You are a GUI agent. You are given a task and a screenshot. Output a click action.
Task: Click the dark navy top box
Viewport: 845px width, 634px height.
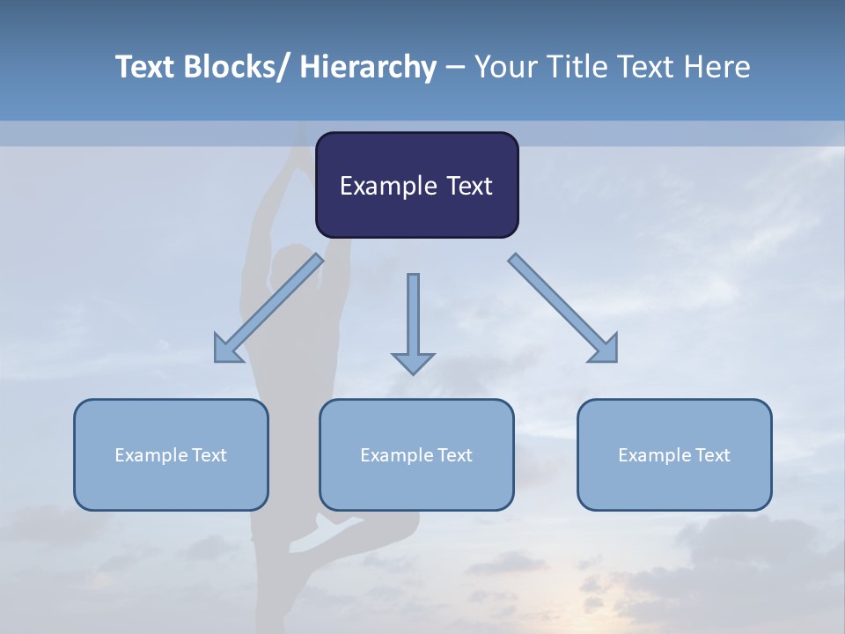click(x=416, y=185)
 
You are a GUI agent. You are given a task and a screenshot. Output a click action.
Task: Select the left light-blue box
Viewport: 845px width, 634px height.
click(x=171, y=454)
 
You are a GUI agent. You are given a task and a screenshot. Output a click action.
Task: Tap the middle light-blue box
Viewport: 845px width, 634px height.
click(x=416, y=454)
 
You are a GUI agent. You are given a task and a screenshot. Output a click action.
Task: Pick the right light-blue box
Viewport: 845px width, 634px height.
click(x=674, y=454)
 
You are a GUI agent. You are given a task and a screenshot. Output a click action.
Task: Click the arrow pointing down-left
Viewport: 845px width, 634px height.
click(x=268, y=308)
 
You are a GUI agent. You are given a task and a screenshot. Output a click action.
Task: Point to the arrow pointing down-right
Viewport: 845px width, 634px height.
click(x=563, y=308)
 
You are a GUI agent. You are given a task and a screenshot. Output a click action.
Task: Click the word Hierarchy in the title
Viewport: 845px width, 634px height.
click(x=368, y=67)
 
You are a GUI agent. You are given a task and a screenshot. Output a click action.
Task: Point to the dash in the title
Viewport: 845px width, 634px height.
click(x=454, y=67)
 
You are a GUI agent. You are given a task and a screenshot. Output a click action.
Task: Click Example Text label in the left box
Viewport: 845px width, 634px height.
click(x=171, y=454)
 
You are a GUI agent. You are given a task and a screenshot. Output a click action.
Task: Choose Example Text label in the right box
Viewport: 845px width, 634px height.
click(x=674, y=454)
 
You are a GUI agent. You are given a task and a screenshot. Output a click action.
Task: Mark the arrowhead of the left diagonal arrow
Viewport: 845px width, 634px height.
click(x=226, y=350)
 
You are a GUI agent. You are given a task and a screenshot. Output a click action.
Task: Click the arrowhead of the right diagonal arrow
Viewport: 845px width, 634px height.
click(x=605, y=350)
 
